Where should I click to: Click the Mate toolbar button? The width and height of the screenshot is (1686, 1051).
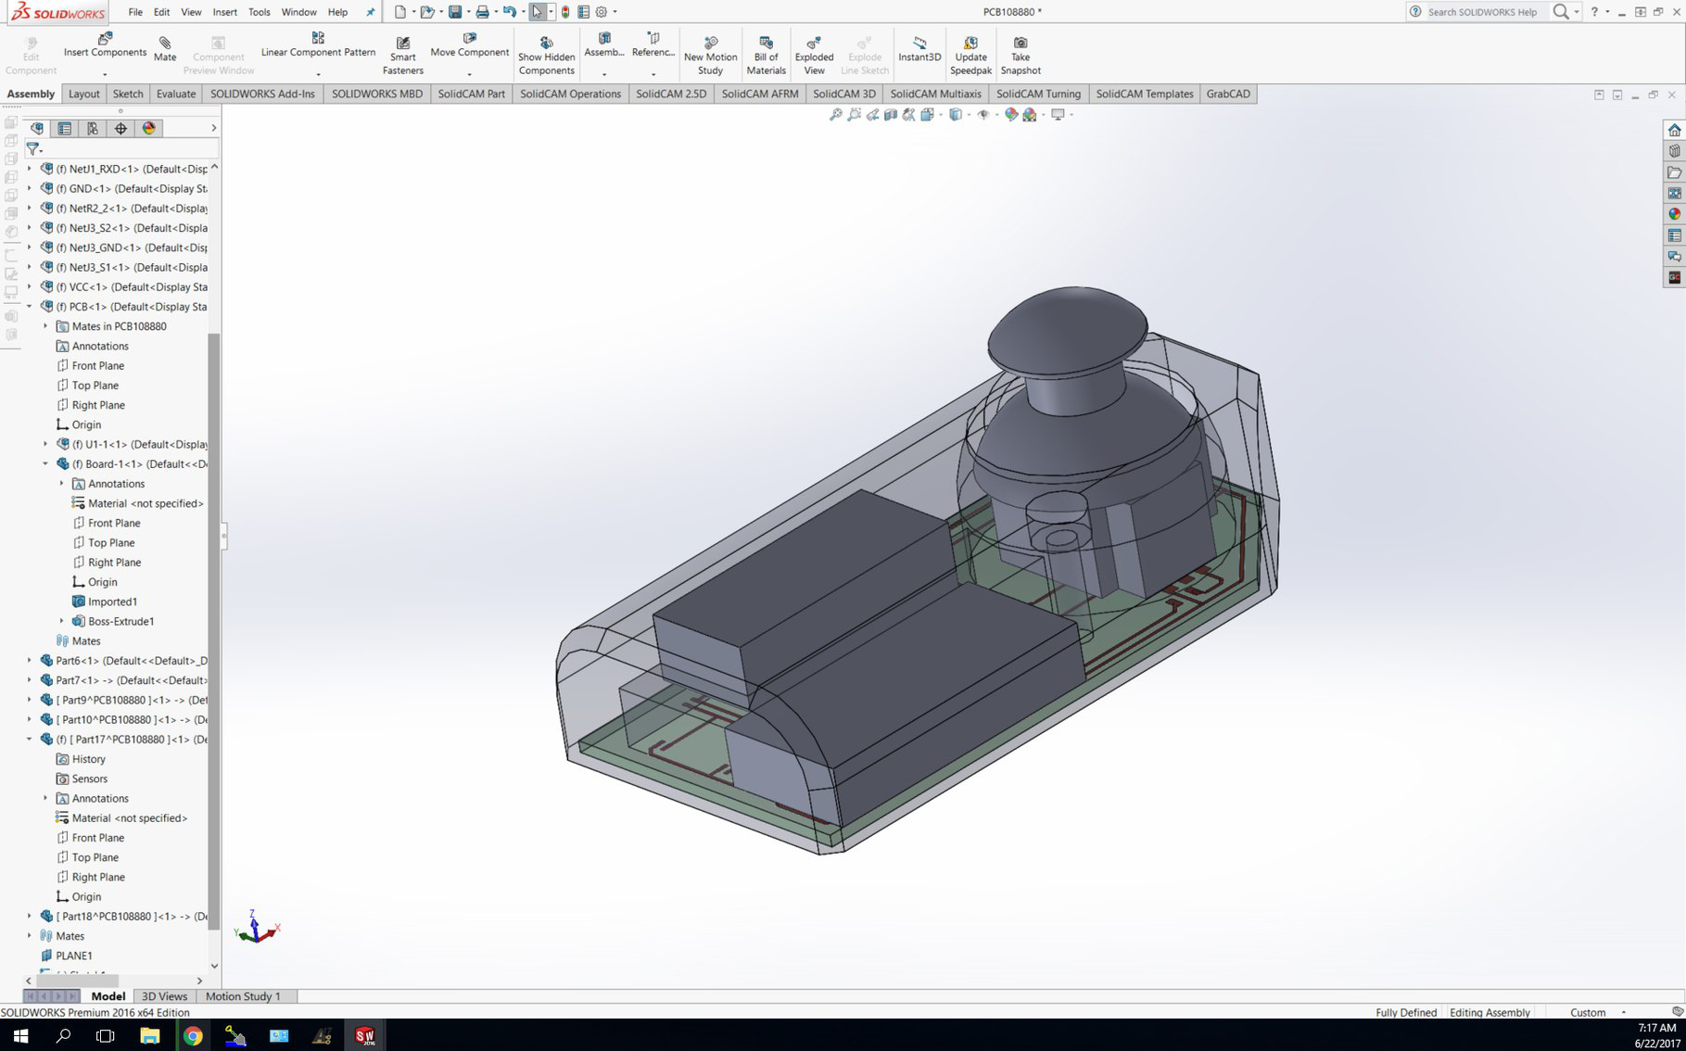pos(165,49)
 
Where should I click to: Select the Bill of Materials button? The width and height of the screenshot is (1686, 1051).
pos(766,56)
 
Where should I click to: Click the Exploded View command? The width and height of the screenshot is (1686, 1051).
pos(814,56)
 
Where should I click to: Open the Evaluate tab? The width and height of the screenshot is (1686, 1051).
pos(176,94)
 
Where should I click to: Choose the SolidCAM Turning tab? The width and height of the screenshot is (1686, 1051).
pos(1038,94)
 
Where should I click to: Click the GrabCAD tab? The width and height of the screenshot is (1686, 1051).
pos(1227,94)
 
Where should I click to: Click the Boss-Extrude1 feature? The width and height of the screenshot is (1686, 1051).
pos(120,621)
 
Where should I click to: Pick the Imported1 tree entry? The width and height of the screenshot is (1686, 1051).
pos(112,601)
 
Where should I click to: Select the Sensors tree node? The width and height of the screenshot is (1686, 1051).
pos(89,779)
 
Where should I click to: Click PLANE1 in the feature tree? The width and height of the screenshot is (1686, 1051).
pos(73,956)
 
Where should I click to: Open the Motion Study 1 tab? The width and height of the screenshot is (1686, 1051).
pos(242,996)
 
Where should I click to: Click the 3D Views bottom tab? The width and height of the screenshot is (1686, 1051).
pos(164,996)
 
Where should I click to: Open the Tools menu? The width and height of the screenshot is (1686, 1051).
pos(259,12)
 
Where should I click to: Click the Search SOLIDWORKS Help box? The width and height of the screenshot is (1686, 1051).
pos(1481,12)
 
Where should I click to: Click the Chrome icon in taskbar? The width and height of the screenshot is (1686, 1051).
pos(193,1035)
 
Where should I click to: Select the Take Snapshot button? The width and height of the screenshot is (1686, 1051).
pos(1020,56)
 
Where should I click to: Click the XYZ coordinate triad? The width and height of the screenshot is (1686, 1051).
pos(256,929)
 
